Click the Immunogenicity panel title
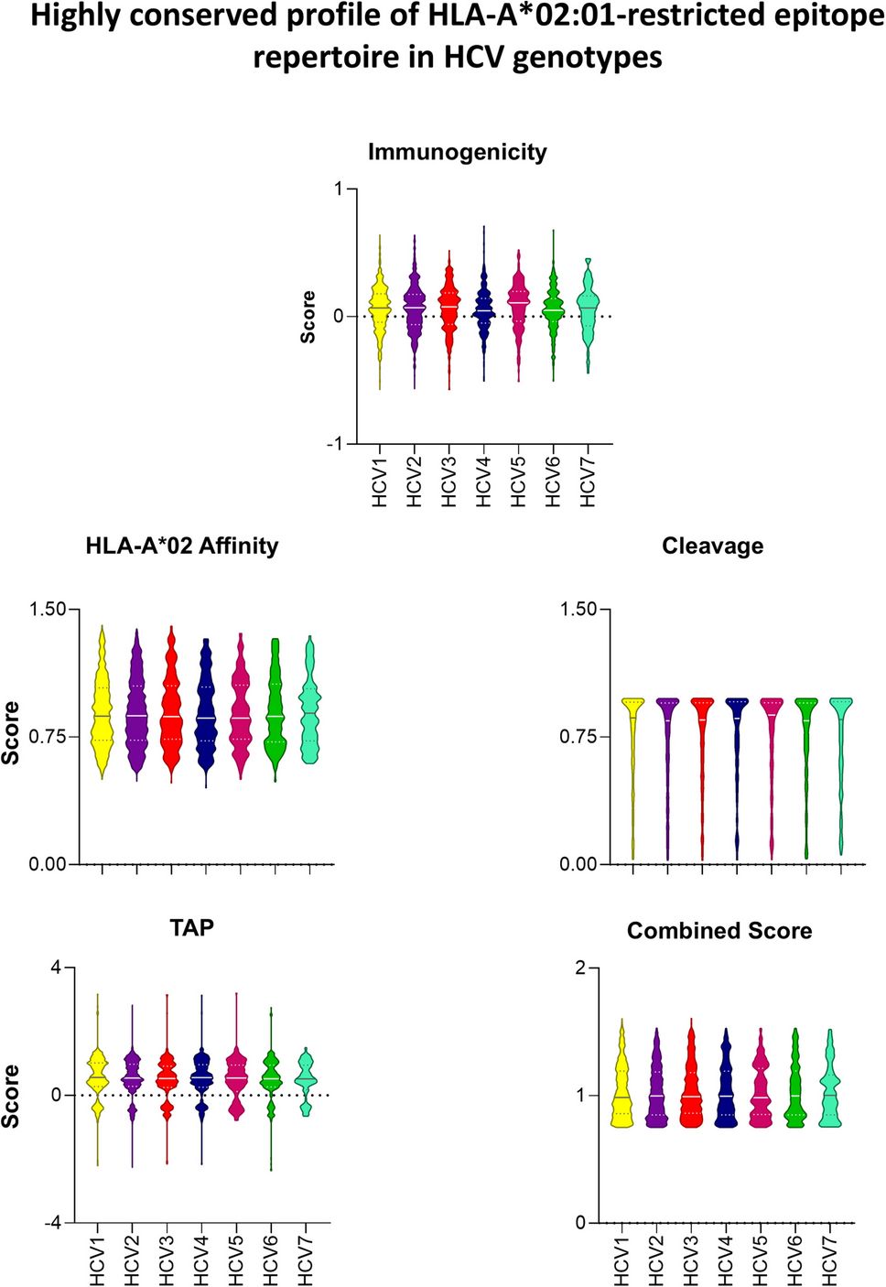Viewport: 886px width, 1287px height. [457, 152]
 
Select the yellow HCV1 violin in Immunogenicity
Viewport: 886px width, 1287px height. [380, 311]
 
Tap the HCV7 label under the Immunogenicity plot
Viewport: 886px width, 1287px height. [588, 482]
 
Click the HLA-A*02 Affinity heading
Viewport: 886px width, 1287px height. [181, 546]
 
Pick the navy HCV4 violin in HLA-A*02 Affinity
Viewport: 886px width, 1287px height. [206, 714]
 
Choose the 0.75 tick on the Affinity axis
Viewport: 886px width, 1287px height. [48, 737]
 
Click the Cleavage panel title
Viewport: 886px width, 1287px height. [712, 546]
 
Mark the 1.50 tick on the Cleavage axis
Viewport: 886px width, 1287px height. [578, 610]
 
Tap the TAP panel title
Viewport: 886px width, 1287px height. [192, 928]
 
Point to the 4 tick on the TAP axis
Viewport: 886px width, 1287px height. [56, 968]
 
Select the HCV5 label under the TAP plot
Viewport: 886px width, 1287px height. [236, 1260]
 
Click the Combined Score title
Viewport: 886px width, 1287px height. [719, 931]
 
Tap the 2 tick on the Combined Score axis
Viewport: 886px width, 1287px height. [580, 968]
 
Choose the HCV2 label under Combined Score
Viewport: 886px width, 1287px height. [655, 1260]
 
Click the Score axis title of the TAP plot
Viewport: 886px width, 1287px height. [10, 1096]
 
